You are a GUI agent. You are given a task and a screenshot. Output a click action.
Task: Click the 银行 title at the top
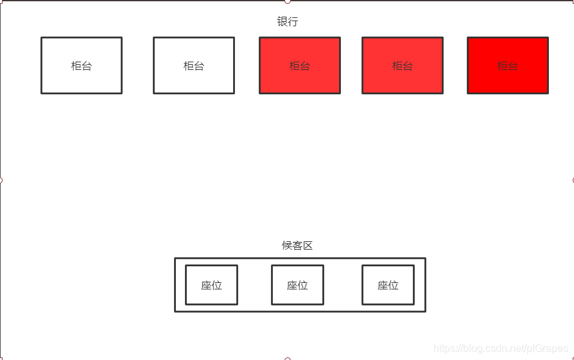coord(287,22)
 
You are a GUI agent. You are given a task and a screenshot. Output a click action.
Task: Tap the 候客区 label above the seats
coord(297,246)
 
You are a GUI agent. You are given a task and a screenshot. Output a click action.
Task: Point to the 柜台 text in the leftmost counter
coord(82,65)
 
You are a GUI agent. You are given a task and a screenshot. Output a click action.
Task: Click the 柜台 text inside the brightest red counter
coord(508,65)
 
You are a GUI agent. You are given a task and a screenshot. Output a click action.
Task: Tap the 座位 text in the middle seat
coord(297,286)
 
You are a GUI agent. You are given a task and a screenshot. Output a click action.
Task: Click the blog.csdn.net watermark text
coord(501,348)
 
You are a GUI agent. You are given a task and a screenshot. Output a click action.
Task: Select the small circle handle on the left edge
coord(1,180)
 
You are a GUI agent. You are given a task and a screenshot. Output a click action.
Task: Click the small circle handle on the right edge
coord(573,180)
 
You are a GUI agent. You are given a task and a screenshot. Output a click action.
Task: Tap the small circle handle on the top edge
coord(287,1)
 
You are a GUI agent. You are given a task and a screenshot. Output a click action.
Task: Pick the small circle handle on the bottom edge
coord(287,359)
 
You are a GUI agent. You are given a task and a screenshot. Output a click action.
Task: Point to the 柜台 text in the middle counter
coord(300,65)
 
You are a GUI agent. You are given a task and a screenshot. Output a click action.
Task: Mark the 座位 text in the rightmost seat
coord(388,286)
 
